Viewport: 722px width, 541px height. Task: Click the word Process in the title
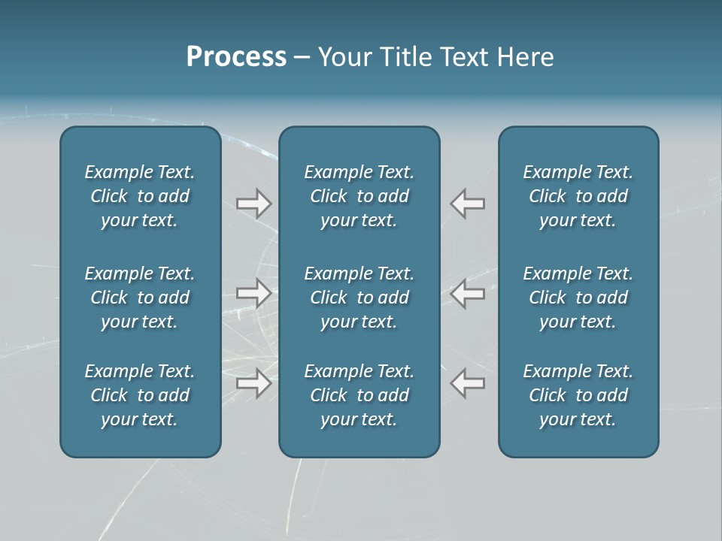(236, 57)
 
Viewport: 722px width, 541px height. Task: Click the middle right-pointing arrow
(254, 293)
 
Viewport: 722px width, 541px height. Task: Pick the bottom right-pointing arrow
(254, 383)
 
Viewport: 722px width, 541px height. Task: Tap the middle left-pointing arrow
(468, 293)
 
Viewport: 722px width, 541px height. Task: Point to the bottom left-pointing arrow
(468, 383)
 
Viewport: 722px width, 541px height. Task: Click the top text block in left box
(140, 196)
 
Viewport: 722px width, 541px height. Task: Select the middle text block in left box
(140, 298)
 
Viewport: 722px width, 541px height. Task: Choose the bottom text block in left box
(140, 395)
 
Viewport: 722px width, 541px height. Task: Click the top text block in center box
(359, 196)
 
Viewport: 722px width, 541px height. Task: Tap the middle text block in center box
(359, 298)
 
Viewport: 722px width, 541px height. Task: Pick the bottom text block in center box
(359, 395)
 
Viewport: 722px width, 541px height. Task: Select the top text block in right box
(578, 196)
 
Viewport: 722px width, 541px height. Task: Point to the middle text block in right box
(578, 298)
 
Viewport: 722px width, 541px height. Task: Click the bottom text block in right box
(578, 395)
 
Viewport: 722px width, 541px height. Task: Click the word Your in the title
(343, 57)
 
